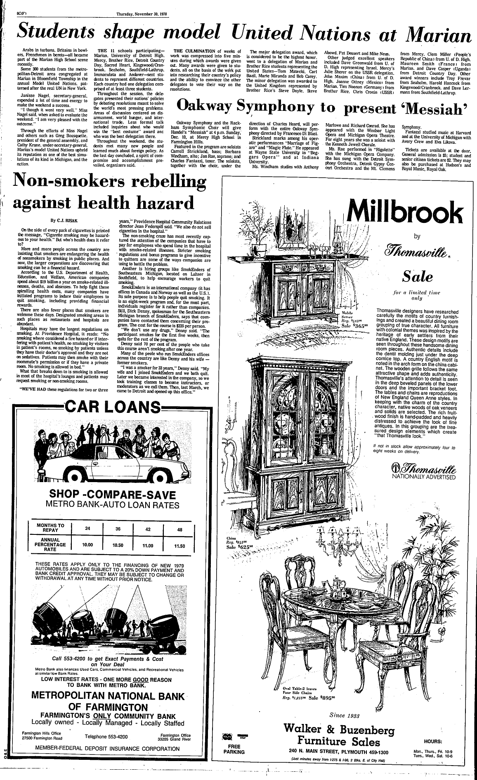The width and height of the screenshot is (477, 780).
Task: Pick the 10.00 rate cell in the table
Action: click(x=87, y=545)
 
